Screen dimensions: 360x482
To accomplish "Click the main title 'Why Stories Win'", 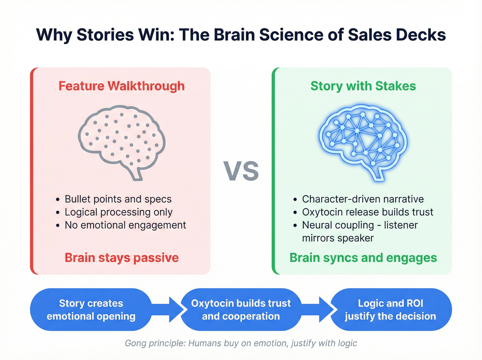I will coord(241,35).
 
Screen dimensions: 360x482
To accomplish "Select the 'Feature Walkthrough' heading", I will coord(122,86).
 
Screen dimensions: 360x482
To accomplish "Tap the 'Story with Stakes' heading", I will coord(363,86).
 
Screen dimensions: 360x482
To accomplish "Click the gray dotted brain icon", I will coord(122,141).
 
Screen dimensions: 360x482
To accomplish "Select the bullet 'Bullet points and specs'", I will coord(118,199).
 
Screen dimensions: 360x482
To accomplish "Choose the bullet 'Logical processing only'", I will coord(118,212).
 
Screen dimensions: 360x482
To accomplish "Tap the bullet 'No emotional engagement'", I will coord(125,225).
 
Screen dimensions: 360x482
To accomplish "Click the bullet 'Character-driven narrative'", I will coord(363,199).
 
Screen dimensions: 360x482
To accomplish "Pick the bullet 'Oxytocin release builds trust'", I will coord(367,212).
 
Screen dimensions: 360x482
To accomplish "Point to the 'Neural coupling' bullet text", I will coord(360,231).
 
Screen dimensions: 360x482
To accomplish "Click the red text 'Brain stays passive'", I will coord(122,258).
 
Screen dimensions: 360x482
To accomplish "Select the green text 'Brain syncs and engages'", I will coord(363,258).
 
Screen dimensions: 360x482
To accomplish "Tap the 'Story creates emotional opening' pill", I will coord(91,310).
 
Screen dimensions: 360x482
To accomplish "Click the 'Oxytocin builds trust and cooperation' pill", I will coord(241,310).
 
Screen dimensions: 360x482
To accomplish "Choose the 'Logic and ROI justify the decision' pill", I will coord(390,310).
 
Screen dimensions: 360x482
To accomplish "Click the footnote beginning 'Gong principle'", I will coord(241,343).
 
